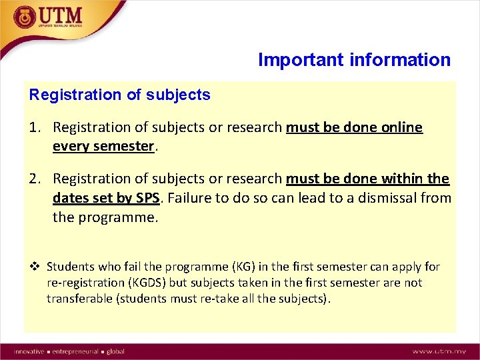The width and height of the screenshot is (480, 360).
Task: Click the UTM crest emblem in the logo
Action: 25,17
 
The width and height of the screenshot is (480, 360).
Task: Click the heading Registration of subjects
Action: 119,95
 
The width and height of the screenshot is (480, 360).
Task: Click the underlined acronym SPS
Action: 151,198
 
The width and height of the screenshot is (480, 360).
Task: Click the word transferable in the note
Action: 80,299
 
